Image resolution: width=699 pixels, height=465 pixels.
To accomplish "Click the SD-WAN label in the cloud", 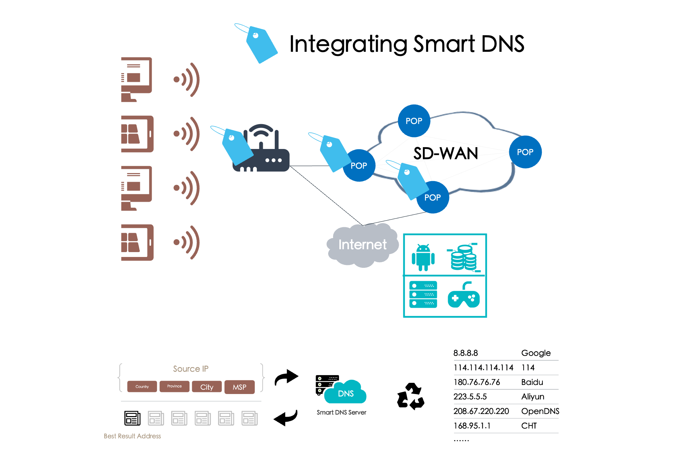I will click(446, 153).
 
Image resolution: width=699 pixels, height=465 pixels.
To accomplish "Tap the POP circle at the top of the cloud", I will click(414, 121).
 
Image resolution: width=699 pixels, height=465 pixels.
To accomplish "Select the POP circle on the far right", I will click(525, 152).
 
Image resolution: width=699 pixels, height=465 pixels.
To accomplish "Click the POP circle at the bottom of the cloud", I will click(433, 198).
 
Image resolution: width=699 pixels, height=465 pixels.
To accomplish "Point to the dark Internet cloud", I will click(362, 245).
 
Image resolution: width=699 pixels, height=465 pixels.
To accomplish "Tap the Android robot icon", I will click(423, 258).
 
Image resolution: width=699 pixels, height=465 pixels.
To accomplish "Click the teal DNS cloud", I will click(346, 393).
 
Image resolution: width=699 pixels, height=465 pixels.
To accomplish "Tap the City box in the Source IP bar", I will click(207, 387).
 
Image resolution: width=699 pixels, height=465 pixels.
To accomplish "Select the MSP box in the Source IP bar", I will click(240, 387).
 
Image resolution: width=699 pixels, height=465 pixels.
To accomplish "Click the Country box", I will click(142, 387).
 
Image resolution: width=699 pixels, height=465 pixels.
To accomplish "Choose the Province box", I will click(174, 387).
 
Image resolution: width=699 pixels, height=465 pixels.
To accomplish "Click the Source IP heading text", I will click(191, 369).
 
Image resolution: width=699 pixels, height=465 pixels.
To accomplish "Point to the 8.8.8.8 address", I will click(466, 353).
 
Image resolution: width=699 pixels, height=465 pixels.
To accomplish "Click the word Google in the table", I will click(536, 353).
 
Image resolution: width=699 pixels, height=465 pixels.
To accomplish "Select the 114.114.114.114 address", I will click(483, 368).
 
